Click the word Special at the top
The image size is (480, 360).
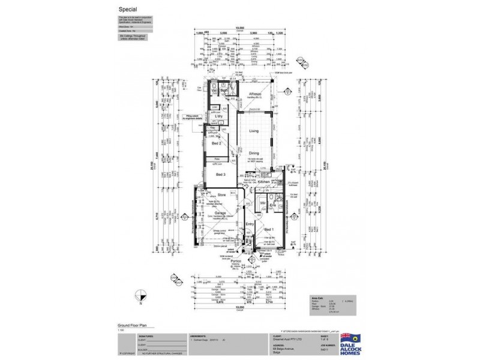pyautogui.click(x=126, y=10)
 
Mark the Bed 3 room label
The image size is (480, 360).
pyautogui.click(x=220, y=174)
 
